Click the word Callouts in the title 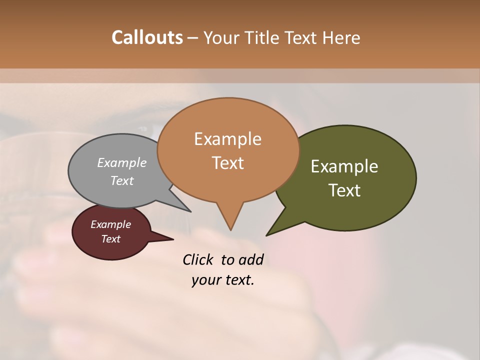point(147,37)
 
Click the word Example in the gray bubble point(121,162)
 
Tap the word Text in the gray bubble point(121,180)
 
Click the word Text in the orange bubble point(227,162)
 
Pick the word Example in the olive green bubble point(344,166)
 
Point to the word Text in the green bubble point(344,190)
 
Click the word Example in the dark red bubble point(110,224)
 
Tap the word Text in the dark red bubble point(110,239)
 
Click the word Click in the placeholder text point(198,259)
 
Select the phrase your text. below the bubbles point(223,280)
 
